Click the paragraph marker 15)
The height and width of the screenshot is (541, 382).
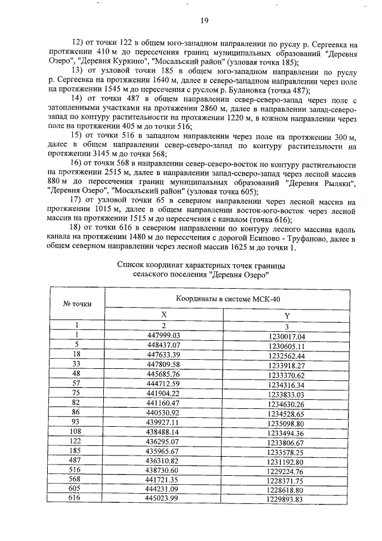(78, 136)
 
